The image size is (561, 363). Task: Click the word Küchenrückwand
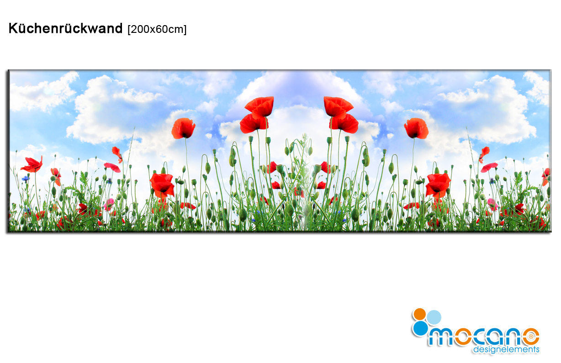(65, 28)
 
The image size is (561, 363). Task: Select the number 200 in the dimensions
(140, 29)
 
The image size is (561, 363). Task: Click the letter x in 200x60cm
(152, 31)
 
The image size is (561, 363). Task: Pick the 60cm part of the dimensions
(169, 29)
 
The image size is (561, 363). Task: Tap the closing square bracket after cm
(185, 30)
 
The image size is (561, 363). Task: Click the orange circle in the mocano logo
(419, 314)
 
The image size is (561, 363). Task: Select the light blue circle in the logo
(434, 317)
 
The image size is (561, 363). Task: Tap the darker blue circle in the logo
(421, 328)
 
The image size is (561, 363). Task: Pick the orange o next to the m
(463, 337)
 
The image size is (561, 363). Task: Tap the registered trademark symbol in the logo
(531, 337)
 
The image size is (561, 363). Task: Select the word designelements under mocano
(506, 349)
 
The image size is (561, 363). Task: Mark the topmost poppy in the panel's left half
(260, 107)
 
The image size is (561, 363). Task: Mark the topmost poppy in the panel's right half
(338, 107)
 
